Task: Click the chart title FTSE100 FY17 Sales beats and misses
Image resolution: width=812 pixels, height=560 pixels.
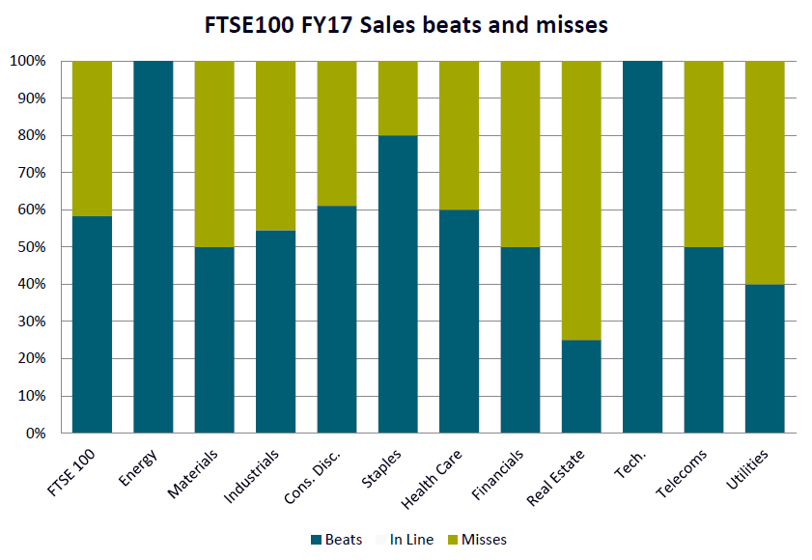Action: point(406,26)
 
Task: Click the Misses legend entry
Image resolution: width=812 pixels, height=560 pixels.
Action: point(477,540)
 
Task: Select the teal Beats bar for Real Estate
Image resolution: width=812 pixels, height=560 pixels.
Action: point(581,386)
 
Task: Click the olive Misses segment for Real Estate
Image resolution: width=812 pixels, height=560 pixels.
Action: point(581,200)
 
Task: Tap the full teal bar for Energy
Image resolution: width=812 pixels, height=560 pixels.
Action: point(154,247)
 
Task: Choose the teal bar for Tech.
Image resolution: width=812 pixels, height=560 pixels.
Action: point(642,247)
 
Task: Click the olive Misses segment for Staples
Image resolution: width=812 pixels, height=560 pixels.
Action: point(398,98)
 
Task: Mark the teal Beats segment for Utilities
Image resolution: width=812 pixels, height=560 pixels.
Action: point(765,358)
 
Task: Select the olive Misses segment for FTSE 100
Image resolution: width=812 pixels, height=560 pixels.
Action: point(92,138)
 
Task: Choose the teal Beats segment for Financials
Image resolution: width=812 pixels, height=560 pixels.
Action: point(520,340)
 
